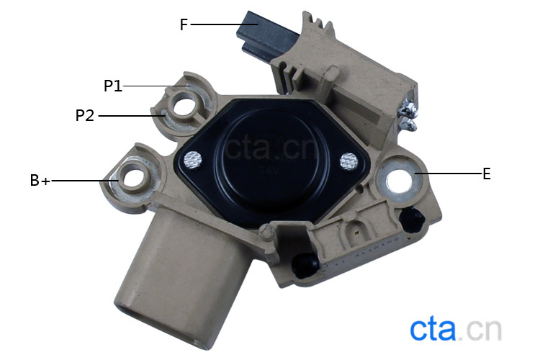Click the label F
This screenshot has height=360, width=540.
coord(184,24)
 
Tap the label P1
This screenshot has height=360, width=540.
coord(113,86)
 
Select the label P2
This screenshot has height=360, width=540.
coord(85,115)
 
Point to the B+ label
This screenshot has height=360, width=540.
coord(40,181)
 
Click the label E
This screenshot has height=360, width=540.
coord(486,174)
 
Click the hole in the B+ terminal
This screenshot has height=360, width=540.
coord(133,179)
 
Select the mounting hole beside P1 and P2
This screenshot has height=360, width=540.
coord(184,107)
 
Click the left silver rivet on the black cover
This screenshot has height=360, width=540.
coord(192,161)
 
